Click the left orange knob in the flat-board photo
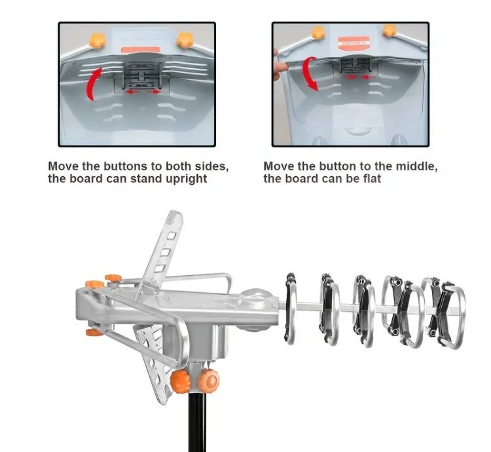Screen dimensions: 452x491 (x=319, y=33)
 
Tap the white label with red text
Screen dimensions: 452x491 (x=354, y=44)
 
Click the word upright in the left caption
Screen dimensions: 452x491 (x=184, y=179)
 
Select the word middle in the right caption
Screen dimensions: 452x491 (x=414, y=166)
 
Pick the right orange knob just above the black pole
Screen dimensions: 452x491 (x=208, y=378)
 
